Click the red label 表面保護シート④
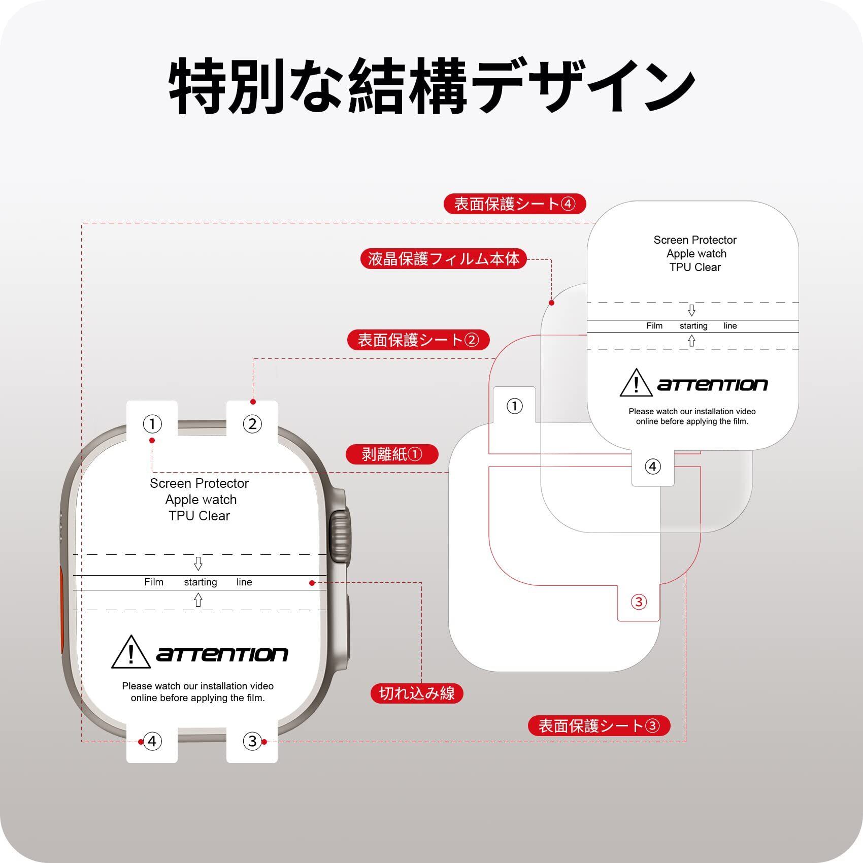click(515, 204)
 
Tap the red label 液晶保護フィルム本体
click(444, 258)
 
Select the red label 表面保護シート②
click(418, 340)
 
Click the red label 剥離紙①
click(391, 454)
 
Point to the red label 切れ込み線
click(417, 693)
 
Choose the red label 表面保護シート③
click(599, 725)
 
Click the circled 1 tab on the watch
click(152, 423)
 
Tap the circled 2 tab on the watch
click(252, 423)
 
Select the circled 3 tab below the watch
click(252, 741)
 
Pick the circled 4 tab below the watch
click(152, 741)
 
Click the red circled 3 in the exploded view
click(639, 602)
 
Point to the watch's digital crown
click(339, 536)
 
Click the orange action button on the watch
click(61, 609)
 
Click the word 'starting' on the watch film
click(200, 582)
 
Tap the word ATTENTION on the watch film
click(222, 654)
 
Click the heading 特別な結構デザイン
click(432, 86)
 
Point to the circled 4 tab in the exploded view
click(653, 467)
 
